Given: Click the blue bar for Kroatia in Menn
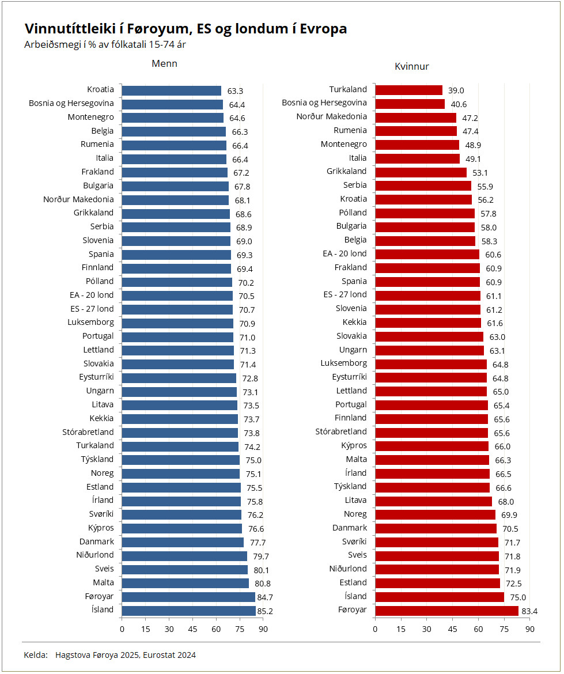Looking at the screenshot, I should [172, 90].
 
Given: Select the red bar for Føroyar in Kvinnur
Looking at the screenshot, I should [446, 610].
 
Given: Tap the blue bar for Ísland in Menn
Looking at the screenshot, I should [188, 611].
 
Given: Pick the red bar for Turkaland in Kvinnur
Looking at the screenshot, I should [408, 90].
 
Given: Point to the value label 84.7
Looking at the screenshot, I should [265, 597].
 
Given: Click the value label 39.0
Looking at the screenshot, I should [456, 90].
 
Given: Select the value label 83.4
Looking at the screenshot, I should [529, 611].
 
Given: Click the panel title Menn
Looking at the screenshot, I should [164, 64].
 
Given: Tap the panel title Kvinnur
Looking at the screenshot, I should [411, 67].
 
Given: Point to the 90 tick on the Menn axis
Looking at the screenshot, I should [263, 629].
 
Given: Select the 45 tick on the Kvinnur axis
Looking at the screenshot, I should [453, 629].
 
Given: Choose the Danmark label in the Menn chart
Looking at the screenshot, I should [97, 542].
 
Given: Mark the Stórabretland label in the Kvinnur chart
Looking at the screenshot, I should [341, 431].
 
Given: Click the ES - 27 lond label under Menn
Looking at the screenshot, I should [88, 309].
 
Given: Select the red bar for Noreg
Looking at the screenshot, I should [435, 514].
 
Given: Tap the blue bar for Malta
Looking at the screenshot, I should [185, 583].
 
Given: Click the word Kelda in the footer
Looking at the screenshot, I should [36, 655].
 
